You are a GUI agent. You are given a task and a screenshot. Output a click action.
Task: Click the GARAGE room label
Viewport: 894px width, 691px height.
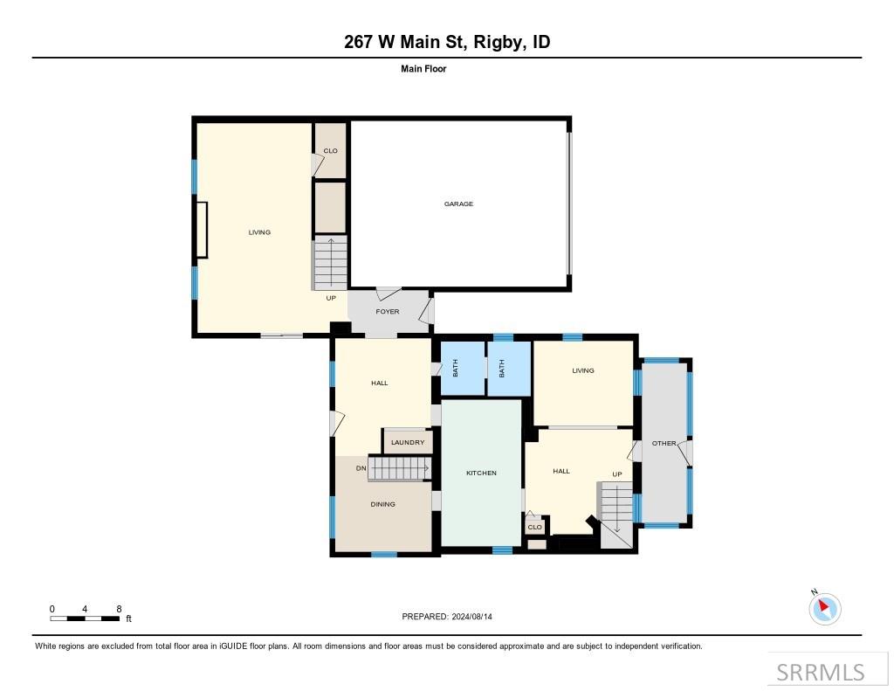coord(458,204)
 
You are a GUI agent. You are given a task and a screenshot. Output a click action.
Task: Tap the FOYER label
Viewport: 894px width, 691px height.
coord(388,312)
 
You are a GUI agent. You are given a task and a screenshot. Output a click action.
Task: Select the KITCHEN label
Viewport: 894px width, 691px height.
coord(481,473)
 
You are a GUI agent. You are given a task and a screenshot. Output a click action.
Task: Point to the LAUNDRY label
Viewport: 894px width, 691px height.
coord(408,443)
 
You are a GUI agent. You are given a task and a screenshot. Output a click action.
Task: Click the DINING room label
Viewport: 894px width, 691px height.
coord(382,504)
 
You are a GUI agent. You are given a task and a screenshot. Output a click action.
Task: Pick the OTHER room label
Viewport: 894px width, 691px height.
coord(664,444)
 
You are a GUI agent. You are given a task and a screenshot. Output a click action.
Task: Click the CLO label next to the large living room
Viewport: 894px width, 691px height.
coord(330,151)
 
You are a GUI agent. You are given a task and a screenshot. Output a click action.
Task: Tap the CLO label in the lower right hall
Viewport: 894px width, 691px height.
coord(535,528)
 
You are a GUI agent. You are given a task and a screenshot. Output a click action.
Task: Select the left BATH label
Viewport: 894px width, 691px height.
coord(456,370)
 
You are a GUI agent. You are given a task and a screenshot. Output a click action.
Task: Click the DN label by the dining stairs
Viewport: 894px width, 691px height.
coord(361,469)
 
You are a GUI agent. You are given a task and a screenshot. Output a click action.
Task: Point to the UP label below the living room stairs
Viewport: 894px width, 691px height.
coord(331,298)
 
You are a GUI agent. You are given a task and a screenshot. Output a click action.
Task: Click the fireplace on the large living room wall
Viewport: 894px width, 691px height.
coord(201,230)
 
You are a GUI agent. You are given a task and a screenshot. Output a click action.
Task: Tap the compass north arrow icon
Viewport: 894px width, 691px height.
coord(824,608)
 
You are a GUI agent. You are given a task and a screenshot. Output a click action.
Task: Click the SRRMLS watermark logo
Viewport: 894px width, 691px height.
coord(821,672)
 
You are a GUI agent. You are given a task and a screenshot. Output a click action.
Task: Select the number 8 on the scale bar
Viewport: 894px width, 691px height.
coord(118,609)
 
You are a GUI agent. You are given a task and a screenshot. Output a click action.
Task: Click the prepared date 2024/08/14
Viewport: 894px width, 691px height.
coord(477,617)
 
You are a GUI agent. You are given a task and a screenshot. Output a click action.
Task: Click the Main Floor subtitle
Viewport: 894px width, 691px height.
coord(423,69)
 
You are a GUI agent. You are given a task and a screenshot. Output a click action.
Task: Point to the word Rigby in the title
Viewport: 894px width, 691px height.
coord(496,42)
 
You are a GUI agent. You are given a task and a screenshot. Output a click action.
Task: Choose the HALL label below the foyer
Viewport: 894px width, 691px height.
coord(379,384)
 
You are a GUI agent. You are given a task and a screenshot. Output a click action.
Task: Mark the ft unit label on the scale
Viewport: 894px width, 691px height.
coord(128,619)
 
